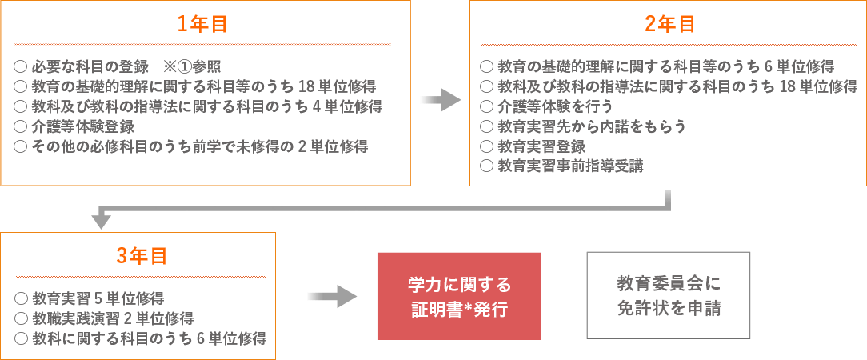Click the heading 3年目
[141, 256]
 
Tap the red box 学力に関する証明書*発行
[459, 296]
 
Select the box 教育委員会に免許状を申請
[669, 296]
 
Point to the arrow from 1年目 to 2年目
[441, 100]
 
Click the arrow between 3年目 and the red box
[332, 297]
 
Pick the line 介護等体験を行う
[554, 106]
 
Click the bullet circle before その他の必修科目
[21, 146]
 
